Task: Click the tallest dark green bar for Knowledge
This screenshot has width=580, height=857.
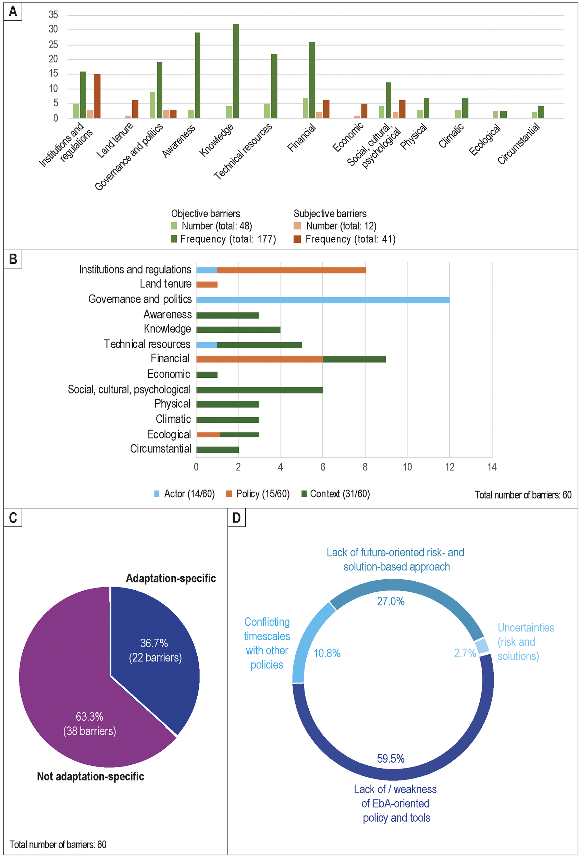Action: coord(236,71)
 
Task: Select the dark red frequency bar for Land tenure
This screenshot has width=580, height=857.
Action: coord(135,109)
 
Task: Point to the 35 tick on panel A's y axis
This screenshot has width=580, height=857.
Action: coord(53,15)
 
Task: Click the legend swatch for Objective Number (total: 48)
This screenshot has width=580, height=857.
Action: coord(174,226)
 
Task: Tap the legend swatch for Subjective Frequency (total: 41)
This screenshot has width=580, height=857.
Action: coord(297,239)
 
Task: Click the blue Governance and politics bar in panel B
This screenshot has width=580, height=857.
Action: coord(323,300)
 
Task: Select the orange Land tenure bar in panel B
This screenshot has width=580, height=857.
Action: coord(207,284)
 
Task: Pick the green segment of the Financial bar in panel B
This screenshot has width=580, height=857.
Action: coord(355,360)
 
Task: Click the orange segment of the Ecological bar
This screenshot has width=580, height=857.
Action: coord(208,435)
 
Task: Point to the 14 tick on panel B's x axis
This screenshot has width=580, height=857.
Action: coord(492,467)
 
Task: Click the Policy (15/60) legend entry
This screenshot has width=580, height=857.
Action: coord(258,494)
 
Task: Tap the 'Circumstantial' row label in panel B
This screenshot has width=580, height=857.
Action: coord(161,449)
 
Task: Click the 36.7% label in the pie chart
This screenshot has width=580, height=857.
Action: coord(154,643)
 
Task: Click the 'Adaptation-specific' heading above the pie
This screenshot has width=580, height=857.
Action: coord(171,578)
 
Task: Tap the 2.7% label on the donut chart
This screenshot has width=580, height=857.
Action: coord(465,653)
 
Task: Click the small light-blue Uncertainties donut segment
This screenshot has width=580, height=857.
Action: coord(482,646)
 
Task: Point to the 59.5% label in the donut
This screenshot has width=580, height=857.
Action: coord(391,759)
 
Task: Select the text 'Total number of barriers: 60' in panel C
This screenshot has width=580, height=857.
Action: coord(58,844)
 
